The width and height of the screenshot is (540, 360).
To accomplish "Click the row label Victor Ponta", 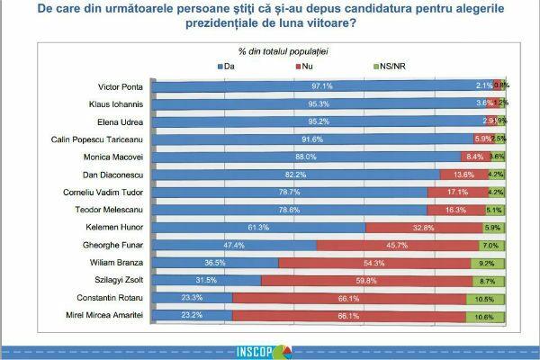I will coord(120,87).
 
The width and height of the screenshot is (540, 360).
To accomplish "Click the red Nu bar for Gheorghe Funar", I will coord(394,245).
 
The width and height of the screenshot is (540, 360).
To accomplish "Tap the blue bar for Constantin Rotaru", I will coord(192,298).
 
